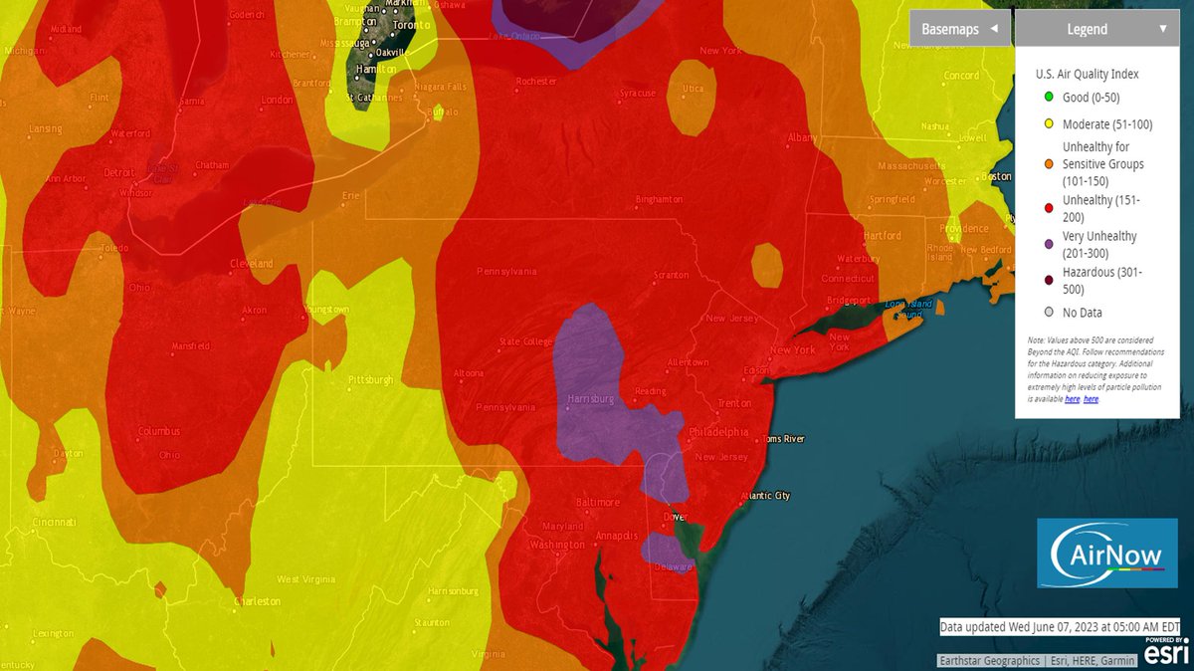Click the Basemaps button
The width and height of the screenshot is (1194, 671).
point(959,29)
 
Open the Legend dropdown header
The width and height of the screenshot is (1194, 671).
point(1094,29)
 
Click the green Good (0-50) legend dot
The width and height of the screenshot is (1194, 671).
point(1050,97)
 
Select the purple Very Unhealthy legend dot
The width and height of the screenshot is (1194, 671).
point(1050,245)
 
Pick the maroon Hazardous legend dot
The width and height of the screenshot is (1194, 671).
point(1050,280)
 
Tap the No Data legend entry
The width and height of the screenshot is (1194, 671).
point(1080,313)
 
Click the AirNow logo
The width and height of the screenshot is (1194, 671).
point(1106,553)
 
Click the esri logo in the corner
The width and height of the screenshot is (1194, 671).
point(1165,651)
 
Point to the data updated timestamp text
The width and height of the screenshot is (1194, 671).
point(1060,626)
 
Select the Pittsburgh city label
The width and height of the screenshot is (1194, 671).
point(370,380)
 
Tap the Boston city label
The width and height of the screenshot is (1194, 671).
point(995,176)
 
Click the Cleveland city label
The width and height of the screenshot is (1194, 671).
point(253,264)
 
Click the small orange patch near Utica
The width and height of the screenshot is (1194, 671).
point(691,97)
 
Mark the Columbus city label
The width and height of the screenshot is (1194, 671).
point(159,431)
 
